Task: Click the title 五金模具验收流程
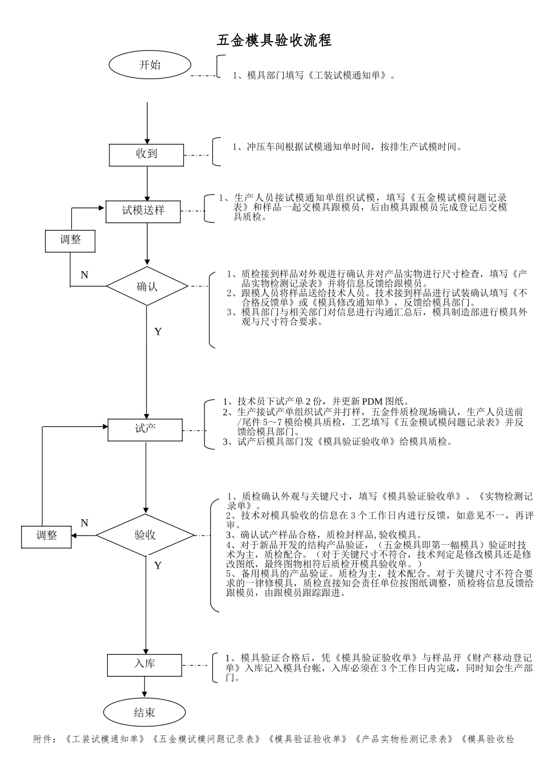(x=274, y=40)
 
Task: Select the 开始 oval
(x=150, y=65)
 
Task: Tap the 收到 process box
(x=146, y=154)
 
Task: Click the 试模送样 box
(x=144, y=211)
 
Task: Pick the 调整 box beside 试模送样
(x=71, y=240)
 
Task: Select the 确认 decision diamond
(x=147, y=286)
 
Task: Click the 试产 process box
(x=145, y=429)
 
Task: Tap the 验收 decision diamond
(x=145, y=535)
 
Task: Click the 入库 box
(x=145, y=664)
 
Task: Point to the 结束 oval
(x=145, y=713)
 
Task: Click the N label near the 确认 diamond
(x=84, y=275)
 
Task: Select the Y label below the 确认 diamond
(x=158, y=331)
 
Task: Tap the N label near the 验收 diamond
(x=84, y=523)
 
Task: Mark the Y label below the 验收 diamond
(x=158, y=565)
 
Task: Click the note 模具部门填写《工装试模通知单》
(x=313, y=75)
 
